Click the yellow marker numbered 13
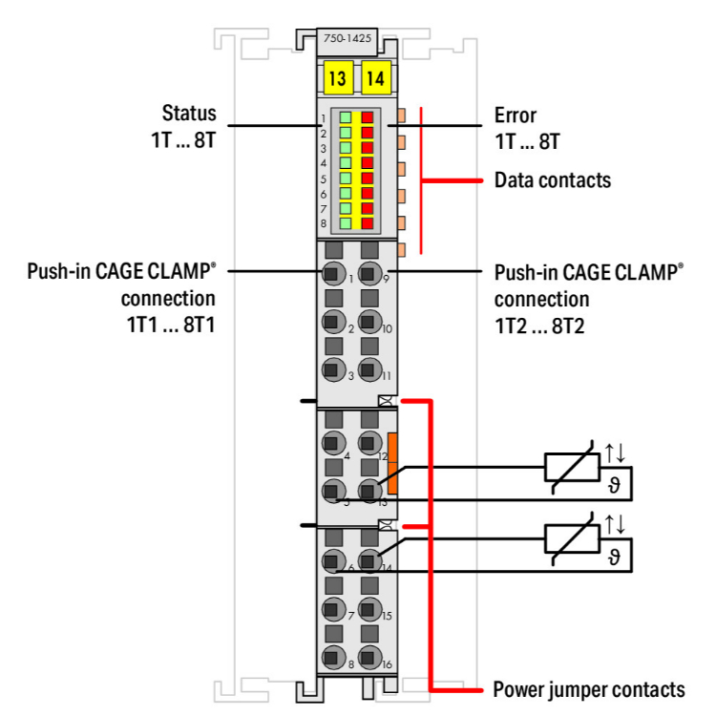tap(336, 79)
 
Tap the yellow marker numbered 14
tap(374, 79)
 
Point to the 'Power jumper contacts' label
tap(588, 688)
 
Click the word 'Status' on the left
tap(189, 115)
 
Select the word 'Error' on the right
tap(515, 115)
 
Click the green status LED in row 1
tap(345, 118)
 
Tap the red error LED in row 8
tap(367, 222)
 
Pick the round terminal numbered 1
tap(332, 274)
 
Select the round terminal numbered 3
tap(332, 370)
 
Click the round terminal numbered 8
tap(332, 657)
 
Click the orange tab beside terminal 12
tap(392, 463)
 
